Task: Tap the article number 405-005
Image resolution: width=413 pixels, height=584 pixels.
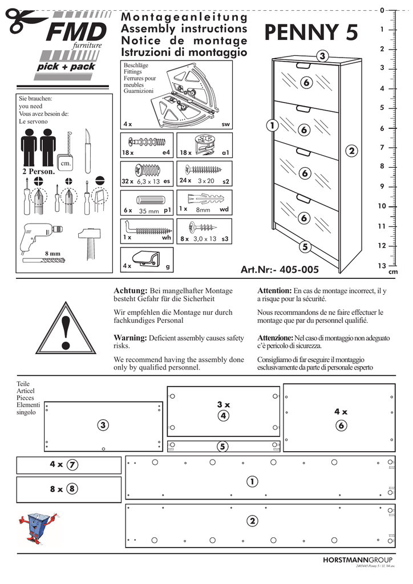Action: pyautogui.click(x=280, y=270)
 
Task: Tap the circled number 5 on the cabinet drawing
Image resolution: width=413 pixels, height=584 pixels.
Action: pyautogui.click(x=305, y=247)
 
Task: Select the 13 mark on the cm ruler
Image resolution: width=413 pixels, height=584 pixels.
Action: pyautogui.click(x=382, y=266)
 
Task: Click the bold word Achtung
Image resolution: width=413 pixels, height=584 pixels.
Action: pyautogui.click(x=131, y=291)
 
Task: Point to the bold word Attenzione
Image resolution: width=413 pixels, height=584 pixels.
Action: pyautogui.click(x=275, y=338)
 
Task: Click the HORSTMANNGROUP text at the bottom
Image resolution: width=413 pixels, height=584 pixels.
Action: pyautogui.click(x=357, y=560)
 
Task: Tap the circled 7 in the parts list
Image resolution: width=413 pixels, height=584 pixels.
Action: pyautogui.click(x=72, y=465)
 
